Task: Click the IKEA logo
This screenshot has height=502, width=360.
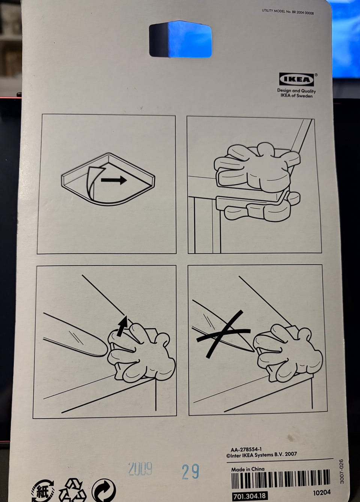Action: pos(297,79)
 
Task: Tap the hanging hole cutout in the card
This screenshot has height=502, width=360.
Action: pos(180,39)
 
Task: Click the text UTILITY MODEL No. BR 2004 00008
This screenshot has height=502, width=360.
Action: pos(288,12)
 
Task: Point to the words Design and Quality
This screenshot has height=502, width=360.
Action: pos(296,91)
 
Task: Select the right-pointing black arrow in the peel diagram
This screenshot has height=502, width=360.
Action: pos(114,180)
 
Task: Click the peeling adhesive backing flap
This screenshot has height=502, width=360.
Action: pos(94,181)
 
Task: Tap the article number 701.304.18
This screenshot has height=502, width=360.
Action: pos(250,495)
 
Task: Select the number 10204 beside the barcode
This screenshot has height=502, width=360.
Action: pos(322,493)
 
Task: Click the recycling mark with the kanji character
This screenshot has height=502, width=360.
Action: pos(43,490)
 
